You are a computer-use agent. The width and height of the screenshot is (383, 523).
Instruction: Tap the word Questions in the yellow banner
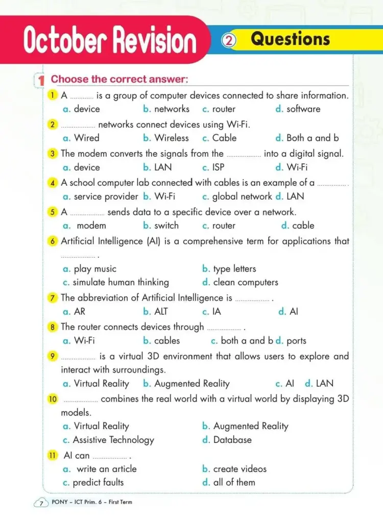(x=290, y=39)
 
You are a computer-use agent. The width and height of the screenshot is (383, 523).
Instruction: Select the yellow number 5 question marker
(x=53, y=212)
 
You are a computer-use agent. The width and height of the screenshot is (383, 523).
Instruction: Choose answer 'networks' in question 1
(x=172, y=109)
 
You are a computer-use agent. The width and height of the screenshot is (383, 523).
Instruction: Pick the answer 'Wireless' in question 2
(x=172, y=138)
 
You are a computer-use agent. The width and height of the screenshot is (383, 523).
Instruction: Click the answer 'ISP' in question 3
(x=218, y=167)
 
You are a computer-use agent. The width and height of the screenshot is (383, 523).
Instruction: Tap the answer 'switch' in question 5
(x=166, y=226)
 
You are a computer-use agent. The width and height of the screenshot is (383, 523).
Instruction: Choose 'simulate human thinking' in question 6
(x=121, y=282)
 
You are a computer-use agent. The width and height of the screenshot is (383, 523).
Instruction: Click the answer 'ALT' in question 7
(x=161, y=311)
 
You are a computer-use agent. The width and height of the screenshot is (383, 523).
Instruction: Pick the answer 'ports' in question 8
(x=296, y=340)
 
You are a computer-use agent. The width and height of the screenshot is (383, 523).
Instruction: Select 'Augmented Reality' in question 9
(x=192, y=384)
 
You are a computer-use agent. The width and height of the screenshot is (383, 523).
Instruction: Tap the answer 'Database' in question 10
(x=232, y=440)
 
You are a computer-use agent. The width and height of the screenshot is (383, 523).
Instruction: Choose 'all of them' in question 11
(x=234, y=482)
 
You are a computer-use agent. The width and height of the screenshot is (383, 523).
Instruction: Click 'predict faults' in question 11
(x=98, y=482)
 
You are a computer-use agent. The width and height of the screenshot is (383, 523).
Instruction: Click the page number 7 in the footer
(x=41, y=503)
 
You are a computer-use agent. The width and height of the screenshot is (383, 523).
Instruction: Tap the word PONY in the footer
(x=60, y=502)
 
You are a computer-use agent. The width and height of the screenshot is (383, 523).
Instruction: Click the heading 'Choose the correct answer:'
(x=119, y=79)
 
